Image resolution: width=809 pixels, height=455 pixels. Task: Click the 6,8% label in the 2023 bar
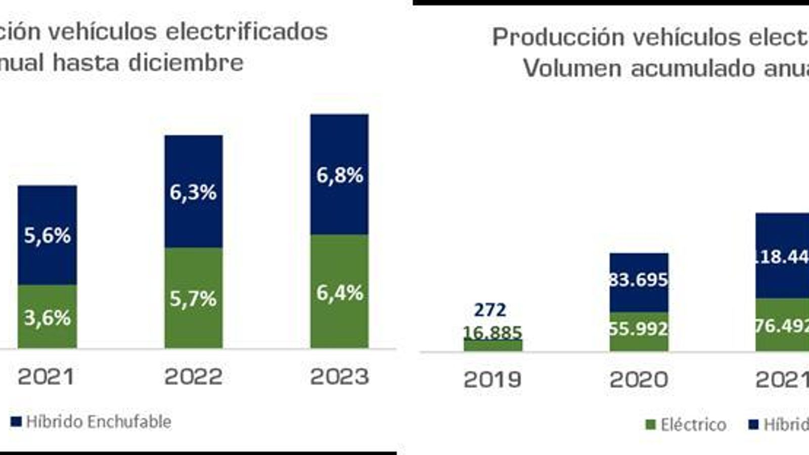pos(340,175)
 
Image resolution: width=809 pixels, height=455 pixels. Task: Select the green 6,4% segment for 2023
pos(340,293)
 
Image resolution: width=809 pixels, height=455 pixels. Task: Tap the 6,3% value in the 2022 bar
pos(193,192)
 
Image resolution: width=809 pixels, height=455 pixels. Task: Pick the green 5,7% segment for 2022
pos(193,299)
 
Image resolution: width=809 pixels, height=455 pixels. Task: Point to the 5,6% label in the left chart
pos(48,236)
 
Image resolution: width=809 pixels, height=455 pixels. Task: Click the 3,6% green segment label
pos(48,318)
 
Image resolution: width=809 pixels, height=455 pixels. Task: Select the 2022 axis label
pos(193,377)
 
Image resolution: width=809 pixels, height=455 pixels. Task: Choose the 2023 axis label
pos(339,377)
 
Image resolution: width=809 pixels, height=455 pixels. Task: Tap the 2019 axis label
pos(492,380)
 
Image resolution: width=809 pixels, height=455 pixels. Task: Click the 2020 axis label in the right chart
pos(639,380)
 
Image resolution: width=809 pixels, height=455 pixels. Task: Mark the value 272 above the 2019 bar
pos(490,309)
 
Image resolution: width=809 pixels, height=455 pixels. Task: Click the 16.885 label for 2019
pos(492,332)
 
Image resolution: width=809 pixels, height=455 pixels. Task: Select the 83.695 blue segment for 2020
pos(639,279)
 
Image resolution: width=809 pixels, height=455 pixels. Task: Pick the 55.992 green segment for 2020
pos(639,329)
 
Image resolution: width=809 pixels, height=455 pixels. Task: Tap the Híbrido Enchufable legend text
pos(98,422)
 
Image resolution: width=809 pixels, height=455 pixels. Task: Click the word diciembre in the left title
pos(186,63)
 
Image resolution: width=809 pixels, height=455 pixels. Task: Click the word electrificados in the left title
pos(247,31)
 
